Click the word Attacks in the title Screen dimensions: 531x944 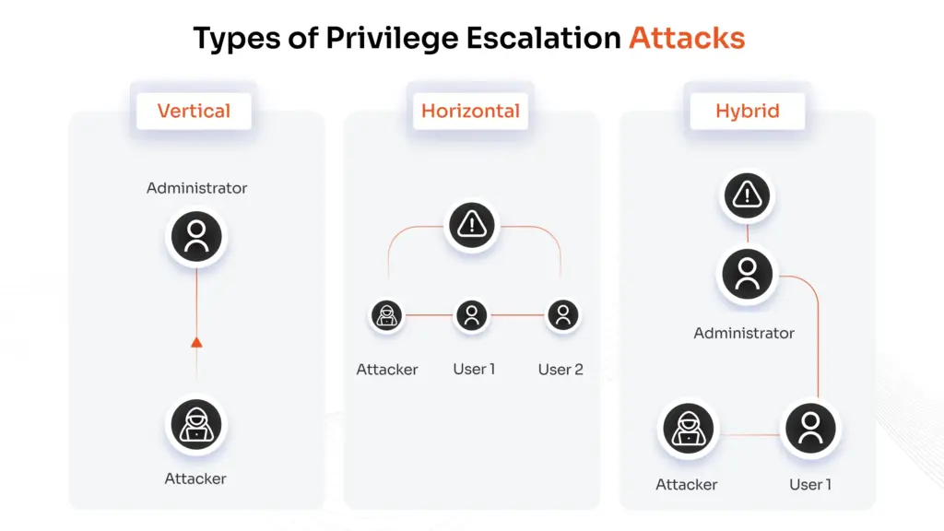687,38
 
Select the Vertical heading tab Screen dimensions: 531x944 194,112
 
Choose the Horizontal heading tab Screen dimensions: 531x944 470,112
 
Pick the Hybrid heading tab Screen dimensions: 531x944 747,112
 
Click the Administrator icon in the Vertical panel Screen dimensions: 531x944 195,237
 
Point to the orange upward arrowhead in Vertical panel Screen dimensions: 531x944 196,343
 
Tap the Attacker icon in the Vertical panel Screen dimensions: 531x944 195,425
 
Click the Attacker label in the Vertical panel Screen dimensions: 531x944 195,478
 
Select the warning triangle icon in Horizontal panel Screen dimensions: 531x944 471,224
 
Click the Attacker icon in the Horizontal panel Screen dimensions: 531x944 387,315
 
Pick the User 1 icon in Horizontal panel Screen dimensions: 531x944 471,315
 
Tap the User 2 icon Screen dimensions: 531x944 561,315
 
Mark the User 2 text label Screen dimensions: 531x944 560,370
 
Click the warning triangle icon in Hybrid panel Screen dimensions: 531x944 747,195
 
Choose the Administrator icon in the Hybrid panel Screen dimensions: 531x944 747,274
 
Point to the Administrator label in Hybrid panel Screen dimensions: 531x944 744,333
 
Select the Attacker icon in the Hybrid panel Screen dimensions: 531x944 687,429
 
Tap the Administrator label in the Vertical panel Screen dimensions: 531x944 196,188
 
